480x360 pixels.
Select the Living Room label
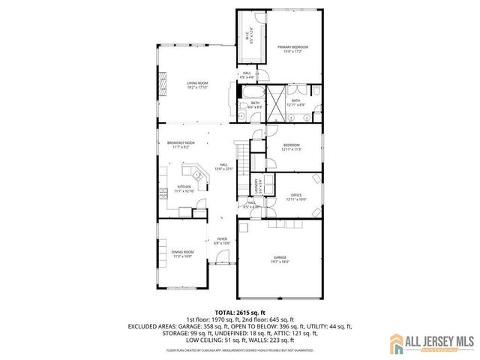click(x=197, y=83)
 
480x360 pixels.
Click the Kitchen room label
click(x=184, y=187)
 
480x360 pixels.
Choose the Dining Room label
click(x=182, y=252)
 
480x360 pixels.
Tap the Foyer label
click(x=222, y=239)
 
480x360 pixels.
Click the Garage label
click(x=280, y=258)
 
